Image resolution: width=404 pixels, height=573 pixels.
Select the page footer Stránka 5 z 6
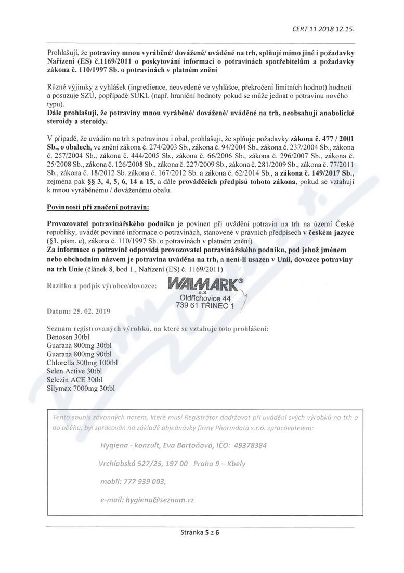coord(202,533)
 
